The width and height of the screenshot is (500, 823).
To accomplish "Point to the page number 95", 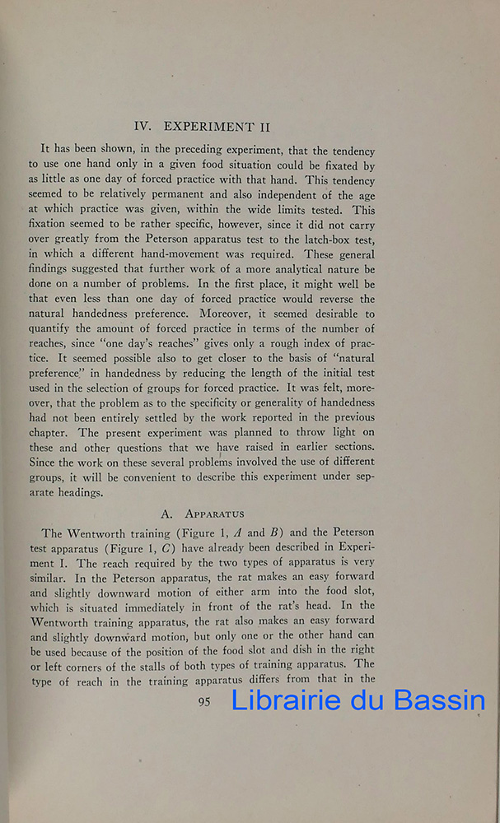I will tap(206, 701).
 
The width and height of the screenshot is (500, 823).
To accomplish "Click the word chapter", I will tap(63, 432).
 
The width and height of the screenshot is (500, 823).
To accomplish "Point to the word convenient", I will tap(171, 477).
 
